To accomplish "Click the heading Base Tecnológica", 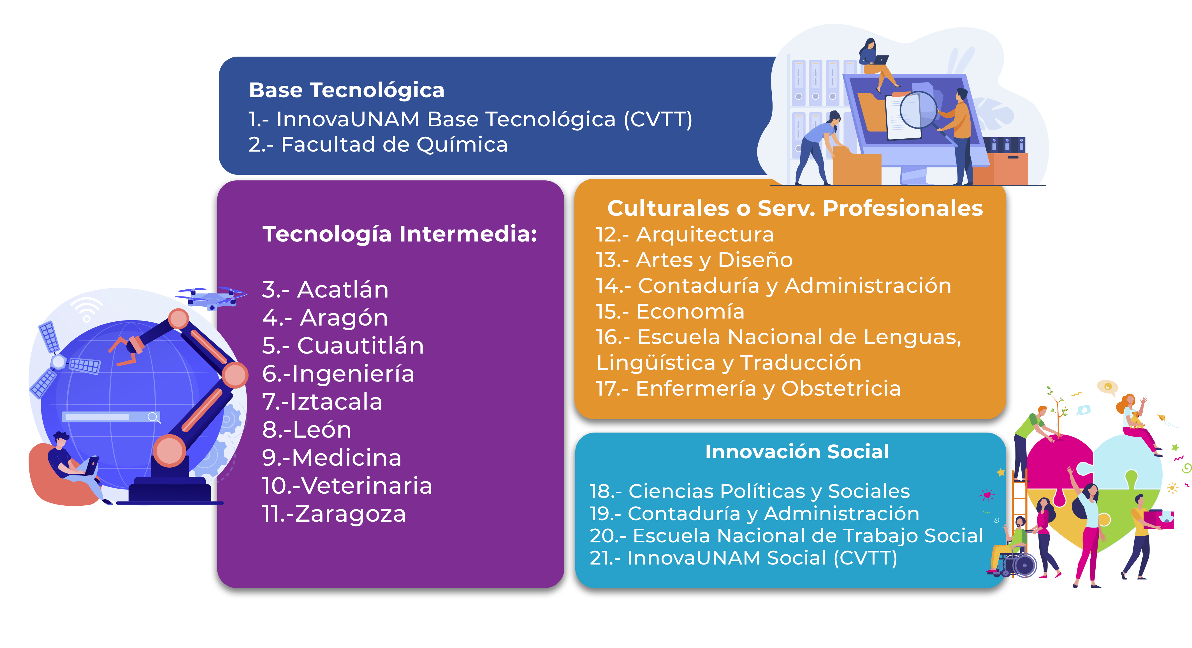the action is [347, 90].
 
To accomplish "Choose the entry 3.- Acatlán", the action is [325, 290].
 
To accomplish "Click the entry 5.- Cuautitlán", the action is [343, 346].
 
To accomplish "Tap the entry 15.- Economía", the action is [670, 311].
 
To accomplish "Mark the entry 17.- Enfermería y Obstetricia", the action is [748, 389].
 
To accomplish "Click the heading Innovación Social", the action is [797, 451].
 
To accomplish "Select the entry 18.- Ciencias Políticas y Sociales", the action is [750, 491].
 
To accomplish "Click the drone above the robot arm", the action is [212, 298].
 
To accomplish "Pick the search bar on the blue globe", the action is [111, 417].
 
